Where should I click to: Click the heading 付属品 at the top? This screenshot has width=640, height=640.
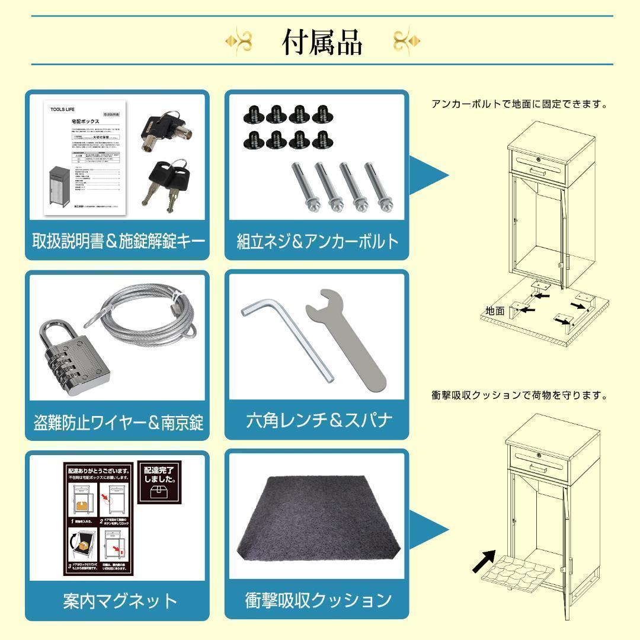click(322, 41)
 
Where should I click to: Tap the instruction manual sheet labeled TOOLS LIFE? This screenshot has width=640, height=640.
click(85, 158)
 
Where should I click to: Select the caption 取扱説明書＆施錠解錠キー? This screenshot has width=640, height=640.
click(117, 241)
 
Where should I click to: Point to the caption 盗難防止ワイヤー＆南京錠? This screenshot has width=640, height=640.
click(117, 422)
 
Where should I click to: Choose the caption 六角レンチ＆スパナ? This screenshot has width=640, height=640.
click(317, 421)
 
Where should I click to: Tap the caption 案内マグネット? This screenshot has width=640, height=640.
click(117, 601)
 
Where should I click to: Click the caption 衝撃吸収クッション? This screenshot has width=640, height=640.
click(317, 600)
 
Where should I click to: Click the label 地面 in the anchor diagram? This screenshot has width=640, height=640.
click(495, 311)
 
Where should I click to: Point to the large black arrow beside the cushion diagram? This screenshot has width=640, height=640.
click(484, 561)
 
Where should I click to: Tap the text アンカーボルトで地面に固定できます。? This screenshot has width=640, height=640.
click(520, 104)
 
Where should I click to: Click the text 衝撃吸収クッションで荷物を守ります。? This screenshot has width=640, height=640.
click(520, 395)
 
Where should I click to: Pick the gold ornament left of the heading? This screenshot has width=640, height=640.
click(239, 42)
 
